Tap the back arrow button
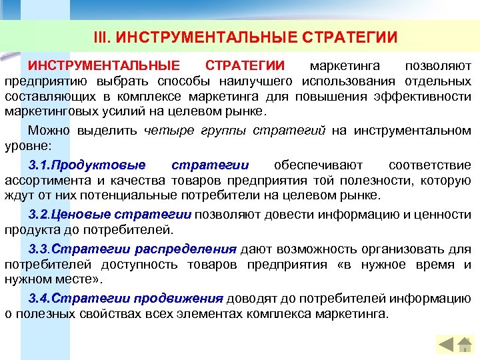pos(445,345)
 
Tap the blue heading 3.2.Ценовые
pos(70,215)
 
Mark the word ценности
pos(445,215)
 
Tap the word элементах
pos(203,313)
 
